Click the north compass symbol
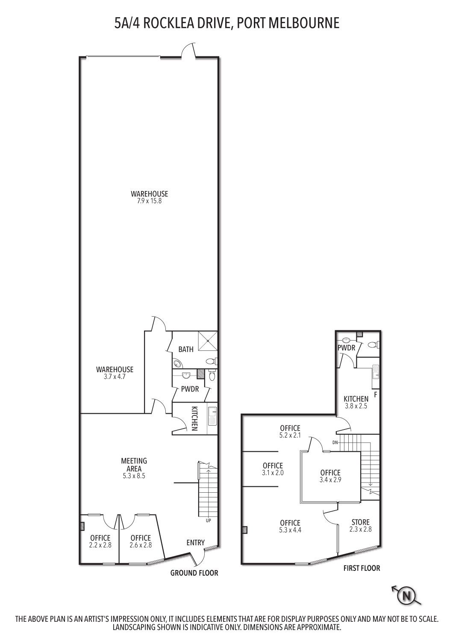point(406,597)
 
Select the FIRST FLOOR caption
point(362,568)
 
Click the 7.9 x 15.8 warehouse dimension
point(149,201)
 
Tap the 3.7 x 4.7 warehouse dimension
point(115,376)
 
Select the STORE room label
point(361,522)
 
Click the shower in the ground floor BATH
point(208,340)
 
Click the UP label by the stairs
point(208,520)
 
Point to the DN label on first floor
point(335,443)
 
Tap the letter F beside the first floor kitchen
point(376,394)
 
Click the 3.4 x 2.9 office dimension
point(330,479)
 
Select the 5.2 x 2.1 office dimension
point(290,435)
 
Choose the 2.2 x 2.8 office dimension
point(100,545)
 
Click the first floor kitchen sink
point(375,372)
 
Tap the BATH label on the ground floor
point(186,349)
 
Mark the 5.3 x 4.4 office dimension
point(290,530)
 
